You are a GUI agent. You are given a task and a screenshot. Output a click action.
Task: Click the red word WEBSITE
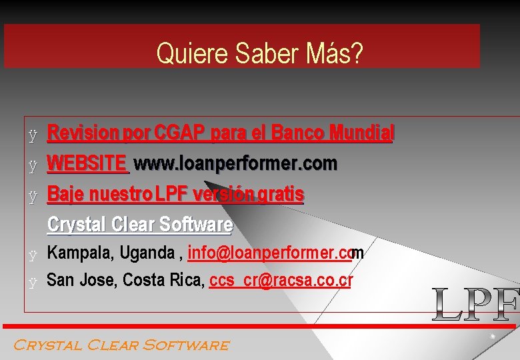[x=87, y=163]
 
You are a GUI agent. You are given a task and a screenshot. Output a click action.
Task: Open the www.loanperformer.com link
[x=236, y=163]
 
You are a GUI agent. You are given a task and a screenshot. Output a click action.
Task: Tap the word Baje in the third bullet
[x=65, y=195]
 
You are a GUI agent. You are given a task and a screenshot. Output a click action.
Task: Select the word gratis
[x=281, y=195]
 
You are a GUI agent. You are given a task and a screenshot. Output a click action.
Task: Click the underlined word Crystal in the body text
[x=74, y=225]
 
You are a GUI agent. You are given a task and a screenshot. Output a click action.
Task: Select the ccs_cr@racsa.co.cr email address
[x=281, y=281]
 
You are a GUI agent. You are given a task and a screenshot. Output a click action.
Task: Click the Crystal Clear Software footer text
[x=121, y=345]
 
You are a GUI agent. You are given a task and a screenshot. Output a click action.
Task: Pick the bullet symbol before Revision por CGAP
[x=32, y=135]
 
